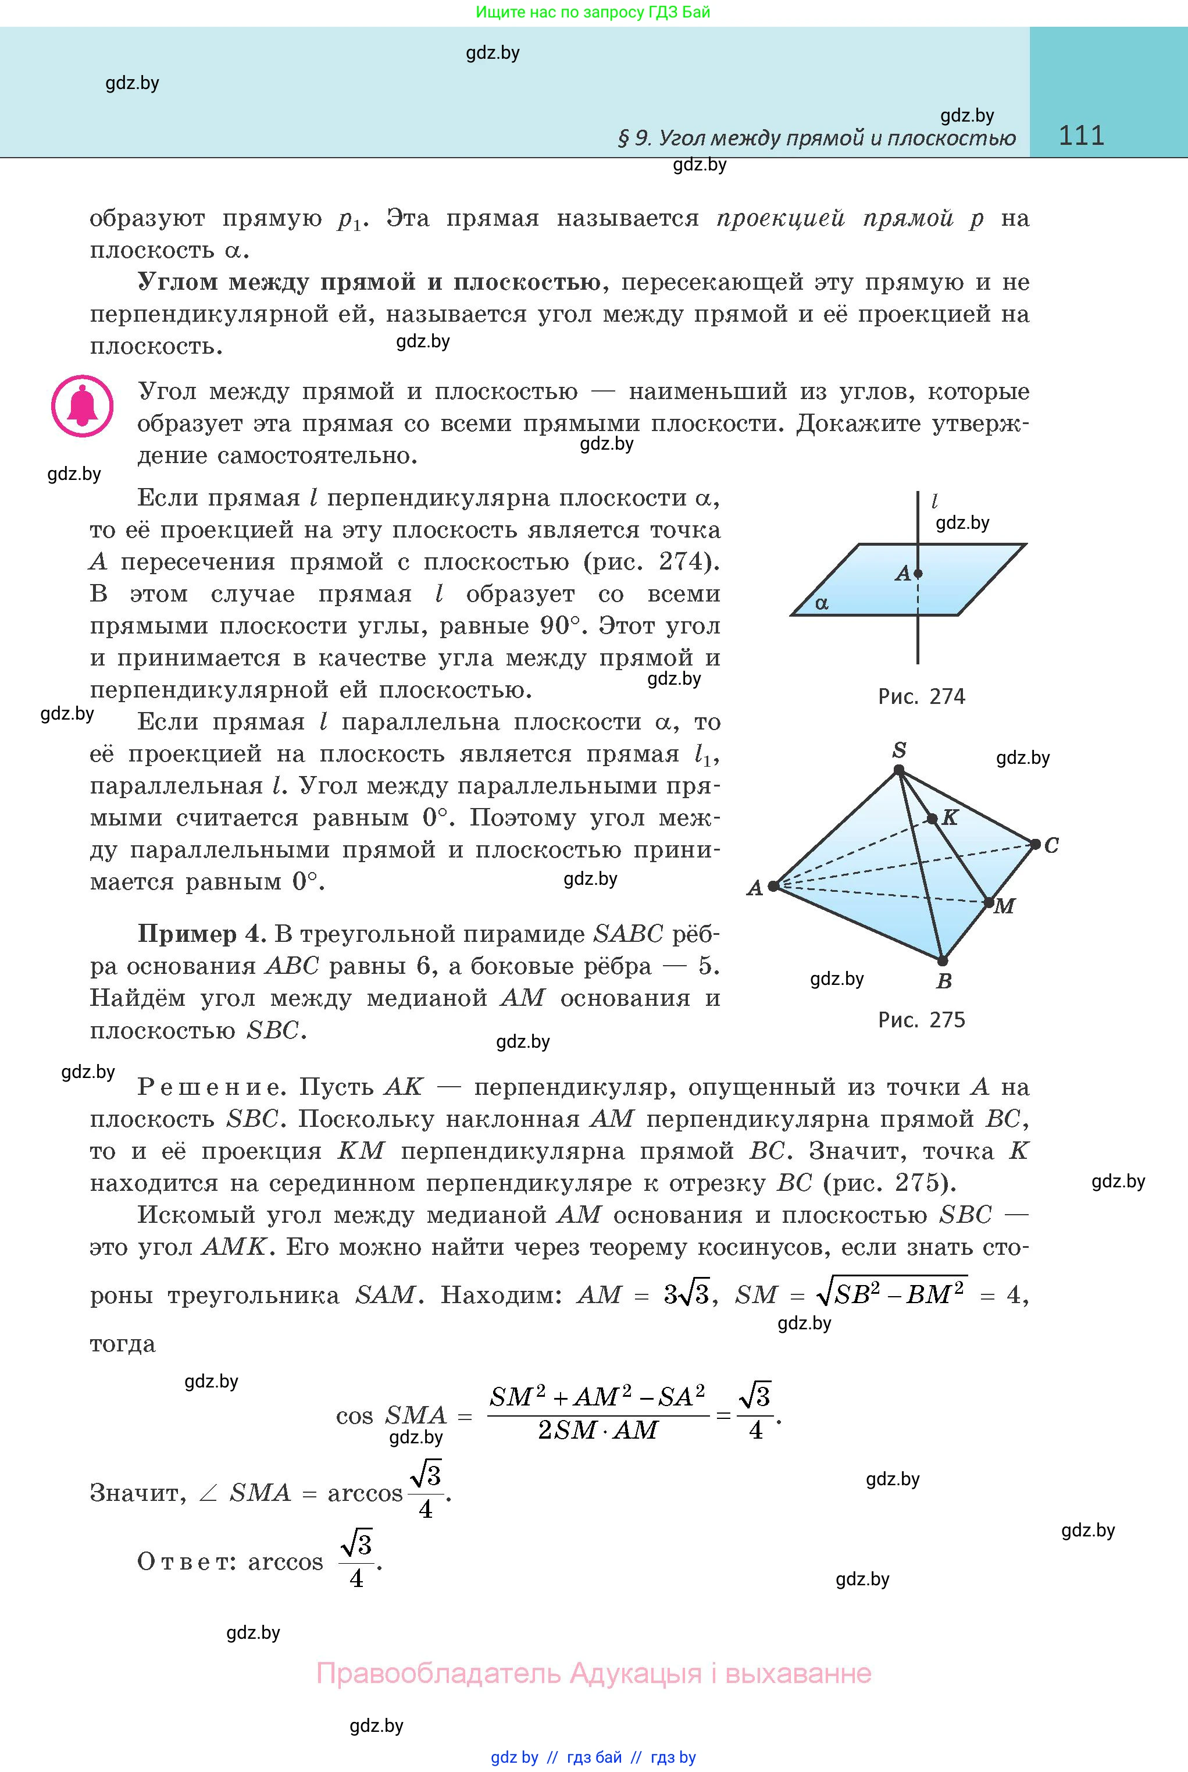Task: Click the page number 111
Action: coord(1081,136)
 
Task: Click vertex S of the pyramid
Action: coord(898,770)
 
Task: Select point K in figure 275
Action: coord(932,819)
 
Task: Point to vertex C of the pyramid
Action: coord(1035,844)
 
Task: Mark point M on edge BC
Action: coord(989,903)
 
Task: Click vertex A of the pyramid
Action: coord(773,886)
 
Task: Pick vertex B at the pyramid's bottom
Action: coord(942,961)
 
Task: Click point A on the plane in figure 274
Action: coord(918,574)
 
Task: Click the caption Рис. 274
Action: coord(921,696)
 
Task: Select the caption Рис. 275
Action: coord(921,1020)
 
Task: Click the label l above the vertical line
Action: coord(934,501)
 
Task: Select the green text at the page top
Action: coord(593,12)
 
